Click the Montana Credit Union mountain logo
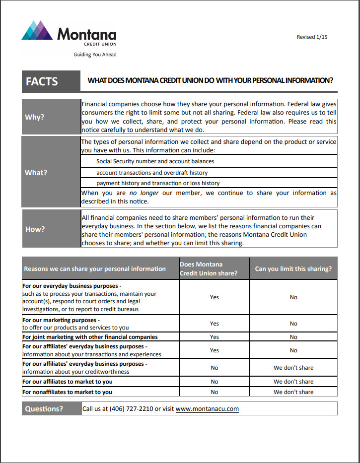(x=37, y=31)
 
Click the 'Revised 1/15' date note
(x=312, y=37)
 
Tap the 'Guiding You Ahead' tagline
(x=95, y=55)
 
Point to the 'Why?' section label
(x=35, y=117)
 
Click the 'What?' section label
(x=36, y=173)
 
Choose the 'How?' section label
(x=35, y=229)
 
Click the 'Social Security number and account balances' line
(x=155, y=161)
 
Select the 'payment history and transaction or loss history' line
(x=158, y=183)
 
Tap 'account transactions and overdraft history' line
(x=152, y=173)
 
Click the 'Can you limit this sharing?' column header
(x=293, y=269)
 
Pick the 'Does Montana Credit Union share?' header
(x=209, y=269)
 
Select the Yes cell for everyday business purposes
(x=214, y=297)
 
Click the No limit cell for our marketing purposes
(x=293, y=324)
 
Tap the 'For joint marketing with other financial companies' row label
(x=90, y=337)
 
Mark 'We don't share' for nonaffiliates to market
(x=293, y=392)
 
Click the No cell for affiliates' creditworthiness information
(x=214, y=368)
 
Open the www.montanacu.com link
(x=207, y=409)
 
